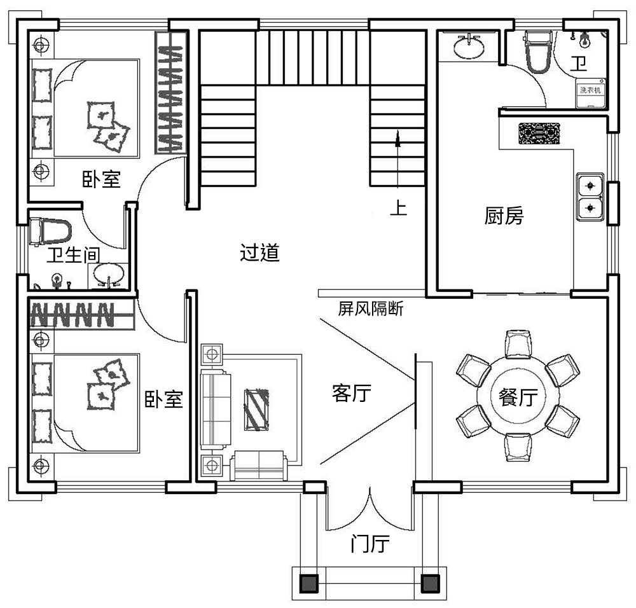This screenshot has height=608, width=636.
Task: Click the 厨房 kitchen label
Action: (x=504, y=216)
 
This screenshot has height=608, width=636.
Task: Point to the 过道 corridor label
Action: (x=259, y=252)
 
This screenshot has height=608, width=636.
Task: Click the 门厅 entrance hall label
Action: (x=370, y=544)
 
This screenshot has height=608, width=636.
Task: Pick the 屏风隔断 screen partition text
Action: (x=370, y=309)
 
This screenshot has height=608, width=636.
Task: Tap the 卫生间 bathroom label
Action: (x=74, y=256)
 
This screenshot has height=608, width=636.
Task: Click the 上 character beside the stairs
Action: (x=398, y=209)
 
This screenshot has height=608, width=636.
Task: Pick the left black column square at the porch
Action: (x=309, y=582)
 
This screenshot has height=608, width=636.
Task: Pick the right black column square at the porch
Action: (x=431, y=582)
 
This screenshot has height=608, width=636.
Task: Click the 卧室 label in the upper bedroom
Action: (x=100, y=179)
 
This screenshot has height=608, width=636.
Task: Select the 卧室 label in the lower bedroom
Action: (x=164, y=399)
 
